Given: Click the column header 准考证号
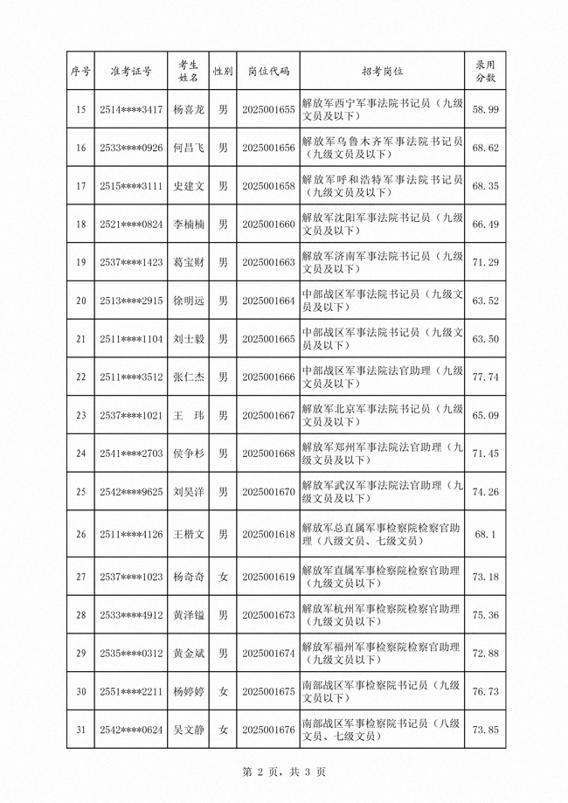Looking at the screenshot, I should coord(130,71).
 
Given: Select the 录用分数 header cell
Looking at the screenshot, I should coord(485,71).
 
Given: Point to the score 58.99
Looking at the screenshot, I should coord(485,110).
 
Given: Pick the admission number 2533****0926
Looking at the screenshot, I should coord(130,149).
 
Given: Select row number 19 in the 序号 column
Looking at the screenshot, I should coord(81,263).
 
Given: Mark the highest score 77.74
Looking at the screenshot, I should coord(485,377).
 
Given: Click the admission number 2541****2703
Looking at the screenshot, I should coord(130,453).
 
